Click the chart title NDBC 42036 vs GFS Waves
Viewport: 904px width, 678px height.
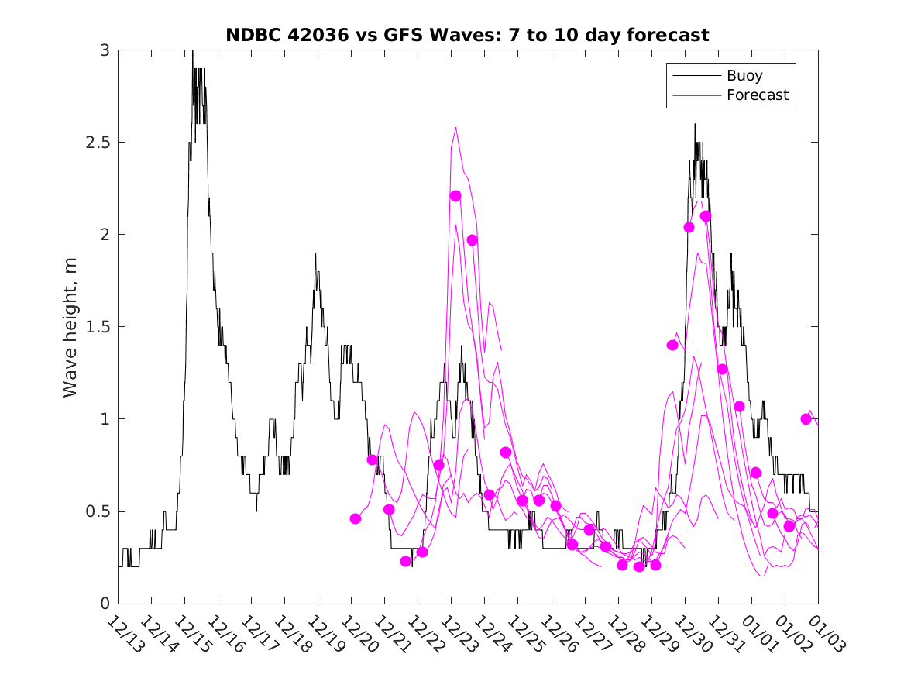pos(467,35)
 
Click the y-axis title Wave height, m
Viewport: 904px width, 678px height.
pos(70,326)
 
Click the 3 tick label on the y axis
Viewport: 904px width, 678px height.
pos(105,50)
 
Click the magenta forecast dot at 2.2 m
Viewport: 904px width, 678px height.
pos(455,196)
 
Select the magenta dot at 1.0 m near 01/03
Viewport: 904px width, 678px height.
pos(806,419)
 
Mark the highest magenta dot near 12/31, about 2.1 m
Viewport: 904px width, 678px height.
pos(706,216)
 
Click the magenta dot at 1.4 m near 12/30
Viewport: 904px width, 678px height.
pos(672,345)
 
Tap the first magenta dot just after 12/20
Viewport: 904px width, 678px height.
pos(356,518)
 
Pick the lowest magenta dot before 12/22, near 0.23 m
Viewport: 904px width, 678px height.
pos(406,561)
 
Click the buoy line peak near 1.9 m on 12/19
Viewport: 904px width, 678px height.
pos(315,253)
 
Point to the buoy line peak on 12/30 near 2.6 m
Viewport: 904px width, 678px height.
pos(695,125)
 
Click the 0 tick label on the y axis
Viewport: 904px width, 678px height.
pos(105,604)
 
